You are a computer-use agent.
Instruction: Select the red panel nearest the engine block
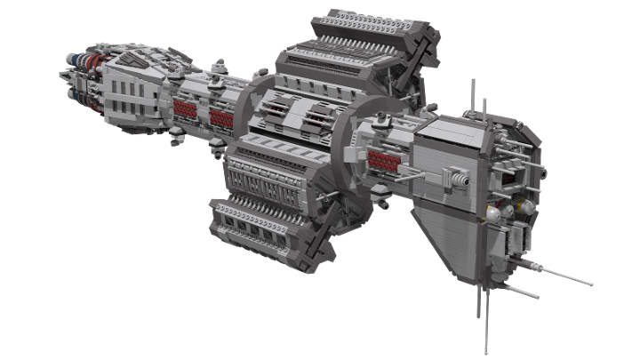point(185,109)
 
